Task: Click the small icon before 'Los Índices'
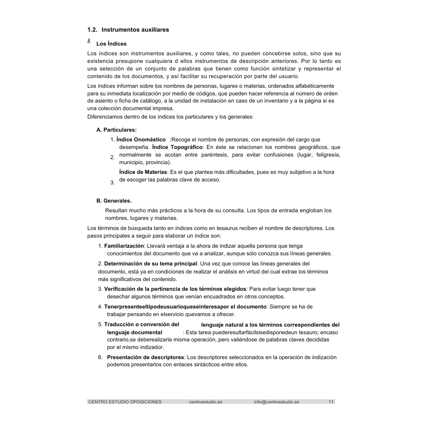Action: click(x=89, y=41)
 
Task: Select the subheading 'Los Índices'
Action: click(x=111, y=43)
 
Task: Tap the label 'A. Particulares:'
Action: click(x=116, y=130)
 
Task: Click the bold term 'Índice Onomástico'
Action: click(x=141, y=139)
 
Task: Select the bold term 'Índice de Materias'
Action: click(x=143, y=172)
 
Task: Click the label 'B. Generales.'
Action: click(x=114, y=200)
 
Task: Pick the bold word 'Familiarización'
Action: click(x=124, y=246)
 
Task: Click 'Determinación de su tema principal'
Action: click(x=151, y=264)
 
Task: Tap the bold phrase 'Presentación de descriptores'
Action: click(x=146, y=357)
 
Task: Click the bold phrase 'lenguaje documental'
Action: click(x=135, y=333)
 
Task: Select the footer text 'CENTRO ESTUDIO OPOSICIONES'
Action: click(x=124, y=402)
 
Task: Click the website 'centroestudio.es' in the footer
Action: click(x=206, y=402)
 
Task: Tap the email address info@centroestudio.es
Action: click(x=276, y=402)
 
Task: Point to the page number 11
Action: click(x=331, y=402)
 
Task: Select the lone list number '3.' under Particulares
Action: click(x=112, y=183)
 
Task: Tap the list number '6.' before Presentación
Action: click(x=100, y=357)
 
